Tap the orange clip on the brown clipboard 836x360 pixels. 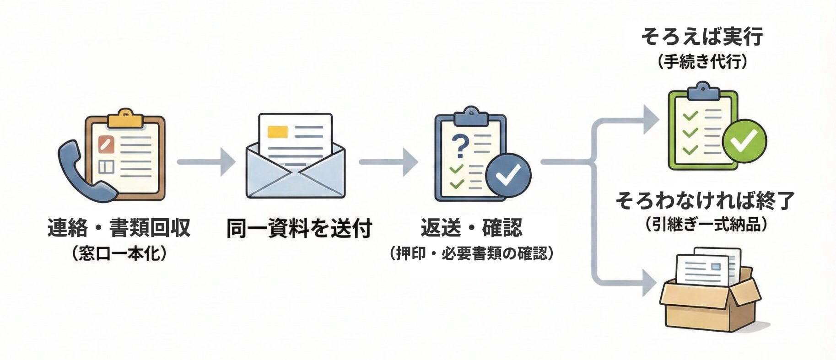[x=124, y=118]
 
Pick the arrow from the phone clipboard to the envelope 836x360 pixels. [x=206, y=161]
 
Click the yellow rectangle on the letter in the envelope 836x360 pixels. [x=277, y=131]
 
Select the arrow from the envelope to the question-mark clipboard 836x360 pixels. [x=388, y=161]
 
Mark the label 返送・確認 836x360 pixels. [x=471, y=227]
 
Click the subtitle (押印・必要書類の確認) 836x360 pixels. [x=471, y=253]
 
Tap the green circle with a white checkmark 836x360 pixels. [x=744, y=141]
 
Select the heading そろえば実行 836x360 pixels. [x=702, y=37]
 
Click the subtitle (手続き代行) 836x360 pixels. [x=702, y=62]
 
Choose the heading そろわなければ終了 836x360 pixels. [x=705, y=200]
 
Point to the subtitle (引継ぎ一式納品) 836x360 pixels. [x=705, y=225]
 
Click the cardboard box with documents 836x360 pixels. [x=709, y=293]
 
